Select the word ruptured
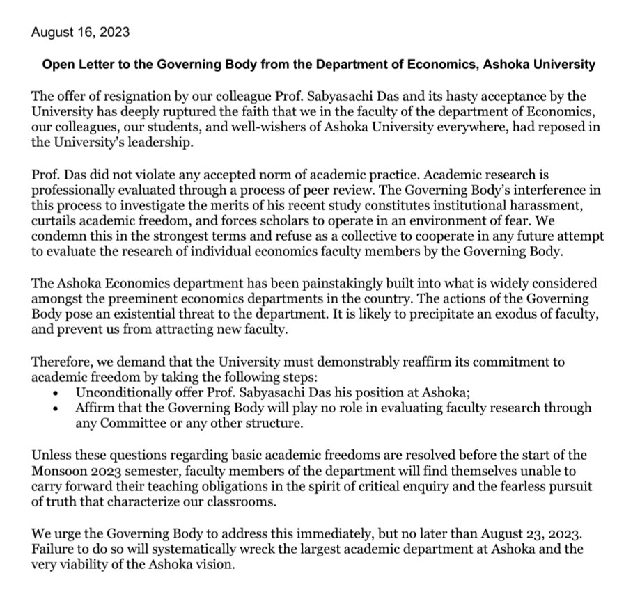point(201,109)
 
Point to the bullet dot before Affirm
point(56,408)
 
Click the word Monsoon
point(56,468)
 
